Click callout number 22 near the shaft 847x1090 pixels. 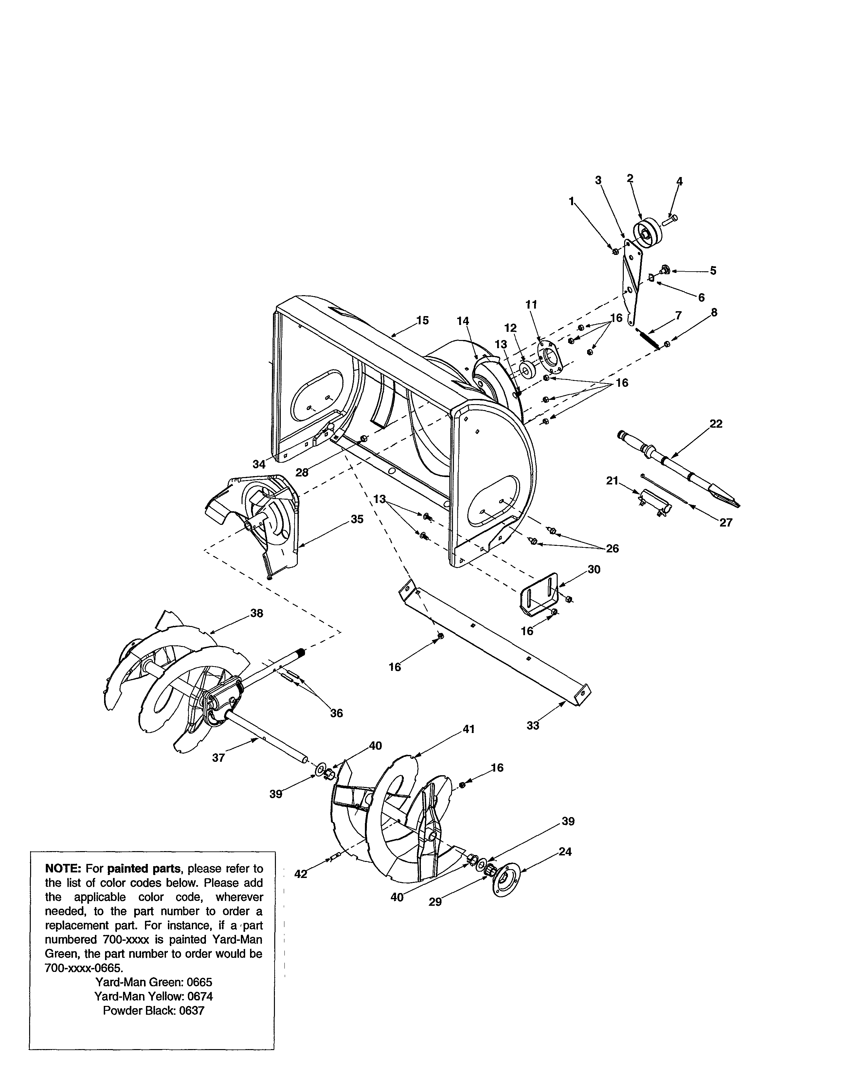click(716, 424)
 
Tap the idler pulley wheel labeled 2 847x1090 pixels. click(646, 233)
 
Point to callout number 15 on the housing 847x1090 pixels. click(422, 320)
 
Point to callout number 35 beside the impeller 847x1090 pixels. click(357, 519)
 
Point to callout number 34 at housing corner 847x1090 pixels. click(259, 464)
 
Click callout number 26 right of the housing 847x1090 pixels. click(612, 548)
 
